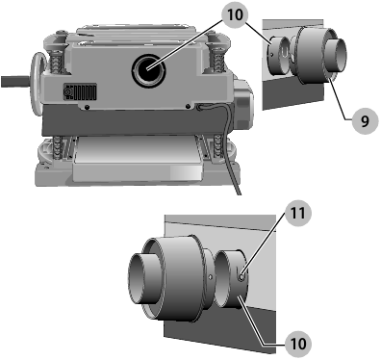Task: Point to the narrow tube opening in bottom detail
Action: click(x=141, y=279)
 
